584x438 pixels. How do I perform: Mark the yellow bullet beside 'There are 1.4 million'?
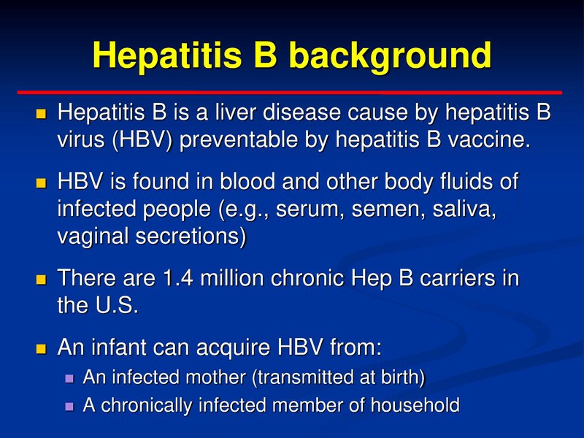tap(41, 279)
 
